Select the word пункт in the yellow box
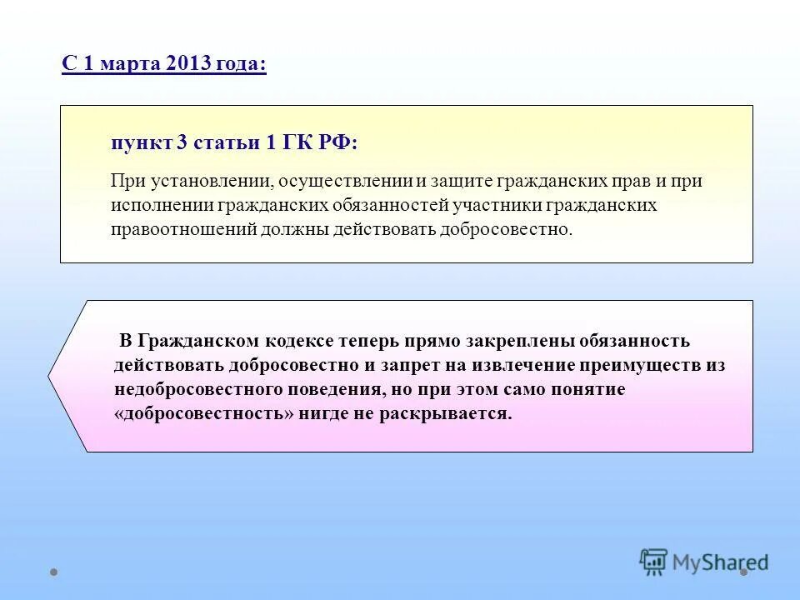141,142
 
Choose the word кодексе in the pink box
299,341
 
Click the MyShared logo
704,562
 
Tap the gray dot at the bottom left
53,572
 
